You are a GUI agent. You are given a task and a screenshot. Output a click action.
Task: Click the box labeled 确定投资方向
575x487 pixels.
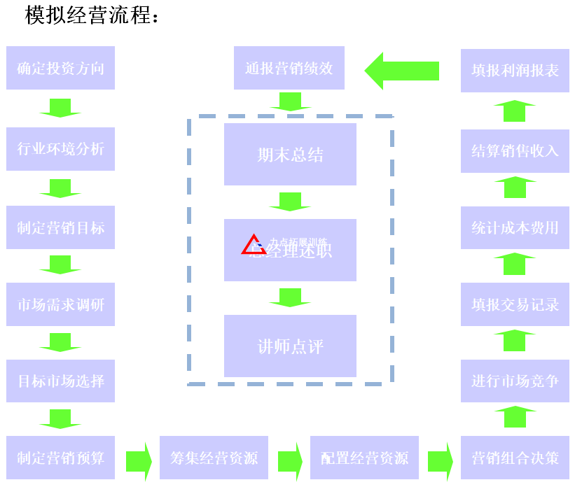(x=60, y=68)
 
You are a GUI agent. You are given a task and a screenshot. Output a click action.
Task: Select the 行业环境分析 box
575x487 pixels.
(x=60, y=148)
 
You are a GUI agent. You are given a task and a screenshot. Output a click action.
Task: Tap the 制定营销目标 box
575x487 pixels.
(x=60, y=227)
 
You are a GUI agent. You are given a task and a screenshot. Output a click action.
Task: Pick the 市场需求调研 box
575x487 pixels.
(x=60, y=304)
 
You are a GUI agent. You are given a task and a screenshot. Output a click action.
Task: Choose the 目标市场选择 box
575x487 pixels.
(x=60, y=381)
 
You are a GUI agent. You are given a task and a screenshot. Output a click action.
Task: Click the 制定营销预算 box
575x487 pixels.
(x=60, y=458)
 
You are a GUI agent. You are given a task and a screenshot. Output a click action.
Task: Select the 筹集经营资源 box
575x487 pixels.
(x=214, y=458)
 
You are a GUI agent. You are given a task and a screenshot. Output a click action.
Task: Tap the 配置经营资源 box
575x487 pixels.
(x=364, y=458)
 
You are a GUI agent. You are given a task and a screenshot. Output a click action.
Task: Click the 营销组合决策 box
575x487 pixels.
(x=515, y=458)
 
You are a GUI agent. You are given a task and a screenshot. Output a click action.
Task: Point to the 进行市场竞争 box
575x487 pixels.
(x=515, y=381)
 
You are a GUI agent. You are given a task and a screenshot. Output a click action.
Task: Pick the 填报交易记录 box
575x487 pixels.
(x=515, y=304)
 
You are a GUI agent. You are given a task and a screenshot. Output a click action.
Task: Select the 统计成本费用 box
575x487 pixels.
(x=515, y=227)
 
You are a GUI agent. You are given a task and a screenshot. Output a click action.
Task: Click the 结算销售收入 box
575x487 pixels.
(x=515, y=150)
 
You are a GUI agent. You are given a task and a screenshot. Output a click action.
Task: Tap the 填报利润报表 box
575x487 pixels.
(x=515, y=71)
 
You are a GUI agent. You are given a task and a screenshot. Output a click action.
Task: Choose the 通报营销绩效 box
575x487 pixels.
(x=289, y=68)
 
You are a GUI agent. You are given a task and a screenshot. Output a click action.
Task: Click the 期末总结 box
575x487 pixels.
(x=290, y=154)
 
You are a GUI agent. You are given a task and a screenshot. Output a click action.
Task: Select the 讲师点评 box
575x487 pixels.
(x=290, y=346)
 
